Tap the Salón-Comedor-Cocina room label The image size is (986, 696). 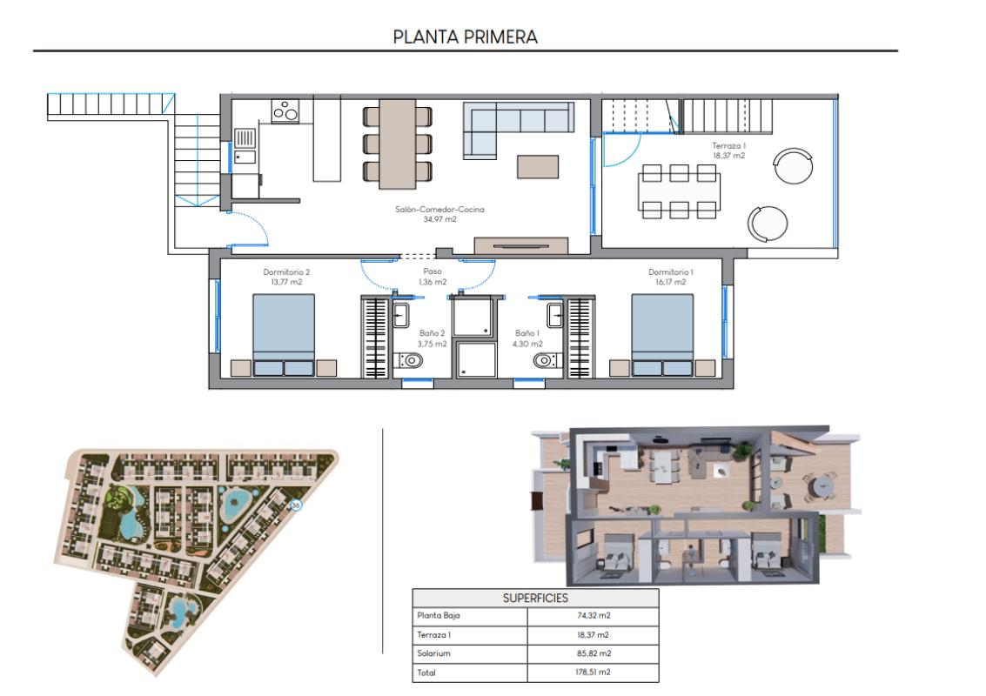(x=439, y=214)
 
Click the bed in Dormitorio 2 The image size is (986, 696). (x=283, y=335)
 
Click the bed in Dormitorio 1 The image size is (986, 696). (x=662, y=335)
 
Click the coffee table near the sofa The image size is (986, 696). (x=539, y=166)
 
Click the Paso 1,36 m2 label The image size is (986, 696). (x=427, y=277)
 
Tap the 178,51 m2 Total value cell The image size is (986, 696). (x=593, y=673)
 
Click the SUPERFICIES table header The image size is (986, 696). (x=534, y=598)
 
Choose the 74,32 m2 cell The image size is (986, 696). (x=593, y=616)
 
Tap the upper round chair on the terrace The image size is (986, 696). (x=795, y=164)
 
